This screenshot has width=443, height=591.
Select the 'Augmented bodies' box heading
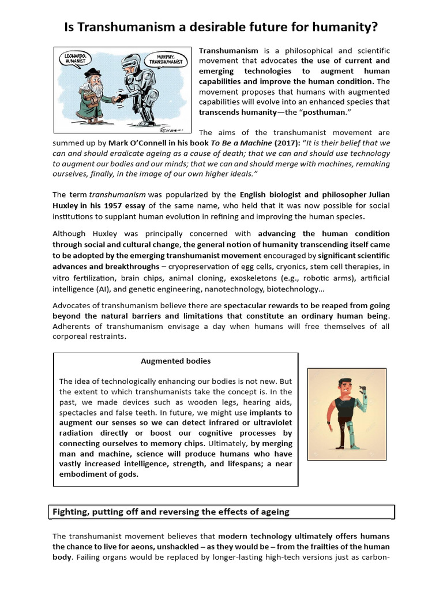[176, 361]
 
